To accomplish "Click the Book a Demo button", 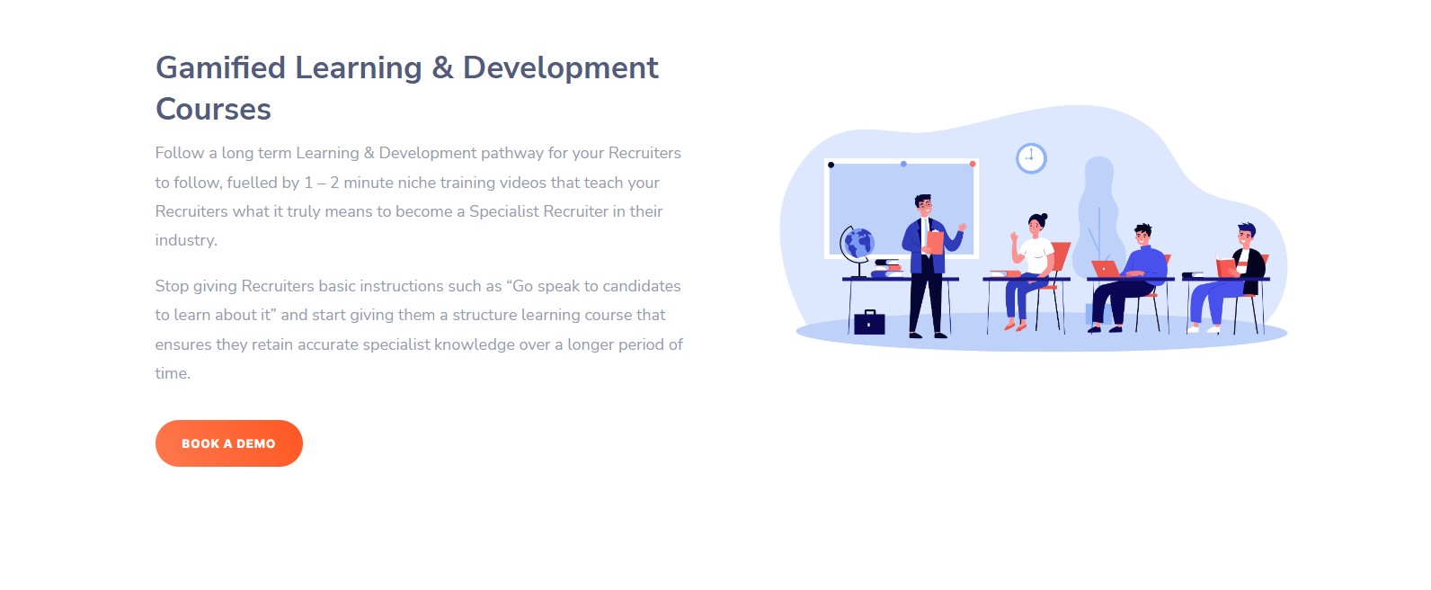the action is click(228, 443).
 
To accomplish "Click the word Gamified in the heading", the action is click(220, 68).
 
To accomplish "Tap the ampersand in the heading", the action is click(442, 67).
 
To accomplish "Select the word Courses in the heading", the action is click(213, 110).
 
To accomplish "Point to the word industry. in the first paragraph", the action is click(186, 240).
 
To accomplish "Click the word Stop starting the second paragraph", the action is click(172, 286).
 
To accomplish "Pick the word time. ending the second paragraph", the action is click(173, 373).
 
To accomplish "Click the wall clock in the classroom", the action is click(1031, 158).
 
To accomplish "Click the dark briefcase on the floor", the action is click(869, 322).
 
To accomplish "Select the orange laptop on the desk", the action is click(1106, 269).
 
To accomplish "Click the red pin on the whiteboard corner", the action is click(973, 165).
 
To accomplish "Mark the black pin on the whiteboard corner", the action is click(831, 165).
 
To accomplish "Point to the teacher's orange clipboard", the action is click(935, 242).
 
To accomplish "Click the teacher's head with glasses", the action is click(923, 206).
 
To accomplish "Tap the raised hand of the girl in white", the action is click(1014, 237).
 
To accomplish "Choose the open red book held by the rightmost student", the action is click(1226, 267).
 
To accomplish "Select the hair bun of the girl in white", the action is click(1044, 217).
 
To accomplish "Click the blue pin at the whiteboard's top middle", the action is click(903, 165).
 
